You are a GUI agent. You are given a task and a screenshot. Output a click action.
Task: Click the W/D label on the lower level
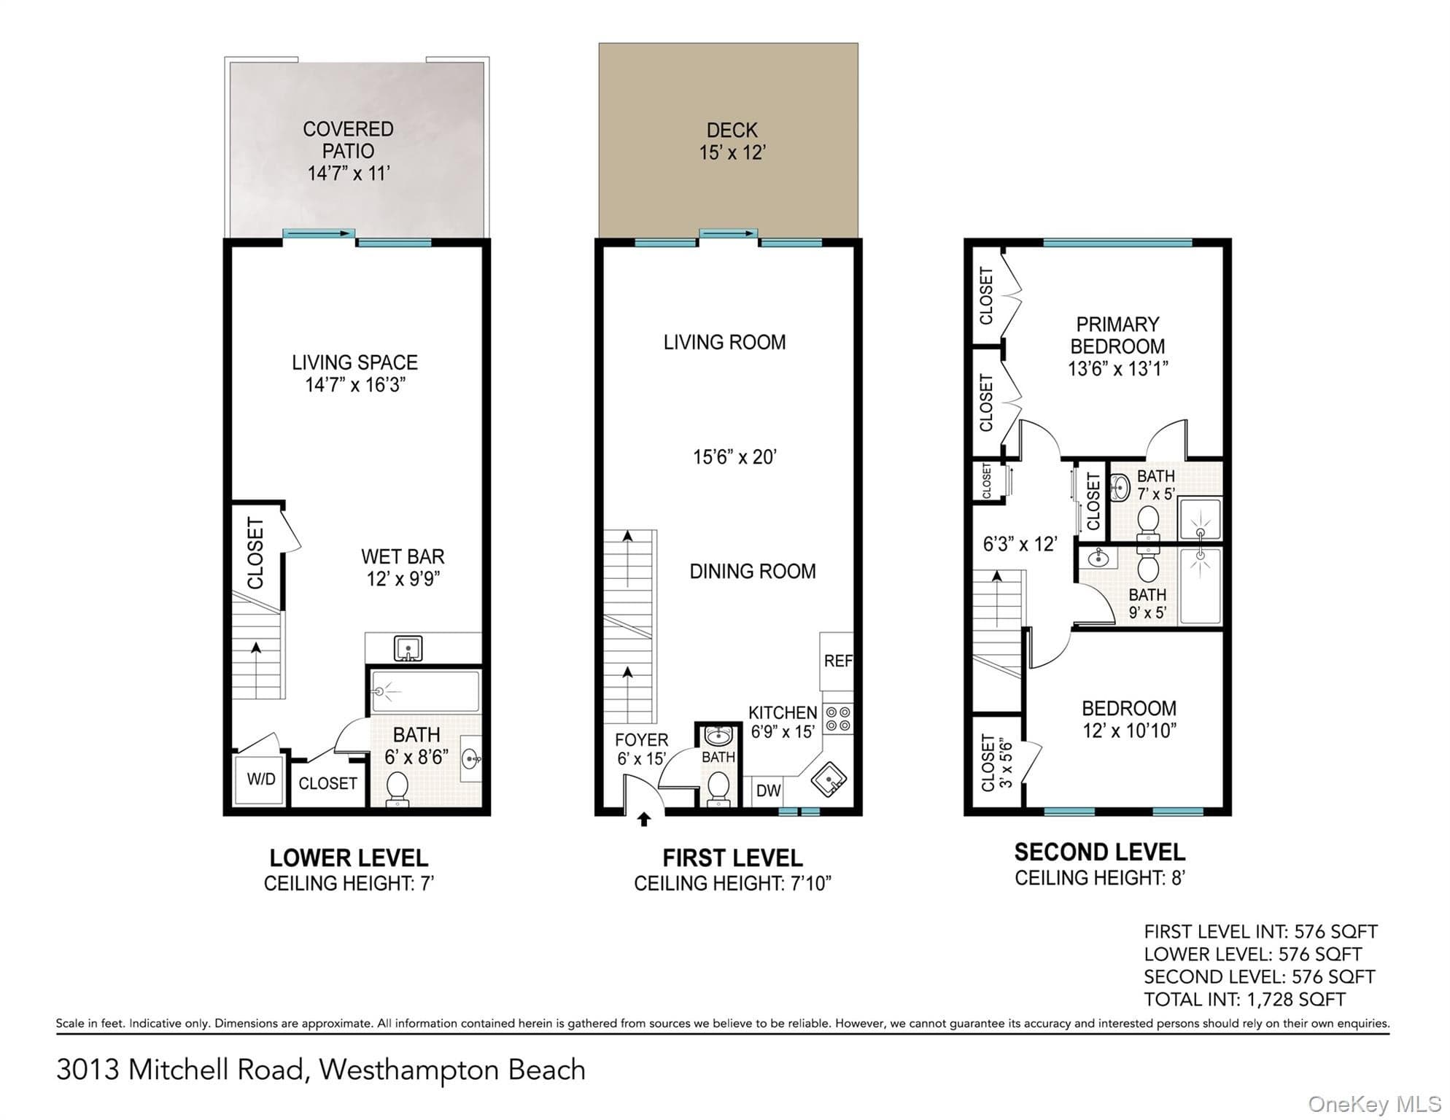click(261, 779)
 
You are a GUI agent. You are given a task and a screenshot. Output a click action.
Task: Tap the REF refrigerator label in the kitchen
click(838, 661)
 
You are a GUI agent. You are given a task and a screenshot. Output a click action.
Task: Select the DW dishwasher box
click(769, 791)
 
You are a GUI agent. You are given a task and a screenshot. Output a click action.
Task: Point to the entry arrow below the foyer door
click(644, 820)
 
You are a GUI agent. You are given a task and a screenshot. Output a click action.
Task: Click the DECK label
click(732, 131)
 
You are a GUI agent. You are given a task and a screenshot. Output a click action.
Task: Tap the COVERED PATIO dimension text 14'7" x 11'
click(349, 174)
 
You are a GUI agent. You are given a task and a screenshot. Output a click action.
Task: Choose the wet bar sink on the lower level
click(408, 647)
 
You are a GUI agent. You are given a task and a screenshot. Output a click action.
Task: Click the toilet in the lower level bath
click(397, 788)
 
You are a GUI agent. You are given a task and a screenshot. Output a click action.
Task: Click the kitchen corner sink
click(828, 780)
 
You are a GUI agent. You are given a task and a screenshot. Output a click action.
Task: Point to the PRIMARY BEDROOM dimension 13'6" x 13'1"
click(1117, 368)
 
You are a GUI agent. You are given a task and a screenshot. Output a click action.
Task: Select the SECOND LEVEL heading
click(1099, 852)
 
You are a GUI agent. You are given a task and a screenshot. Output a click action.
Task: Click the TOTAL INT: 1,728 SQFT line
click(1244, 1000)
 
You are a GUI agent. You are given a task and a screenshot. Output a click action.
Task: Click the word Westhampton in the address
click(409, 1070)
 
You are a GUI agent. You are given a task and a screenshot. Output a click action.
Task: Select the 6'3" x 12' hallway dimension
click(1020, 544)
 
